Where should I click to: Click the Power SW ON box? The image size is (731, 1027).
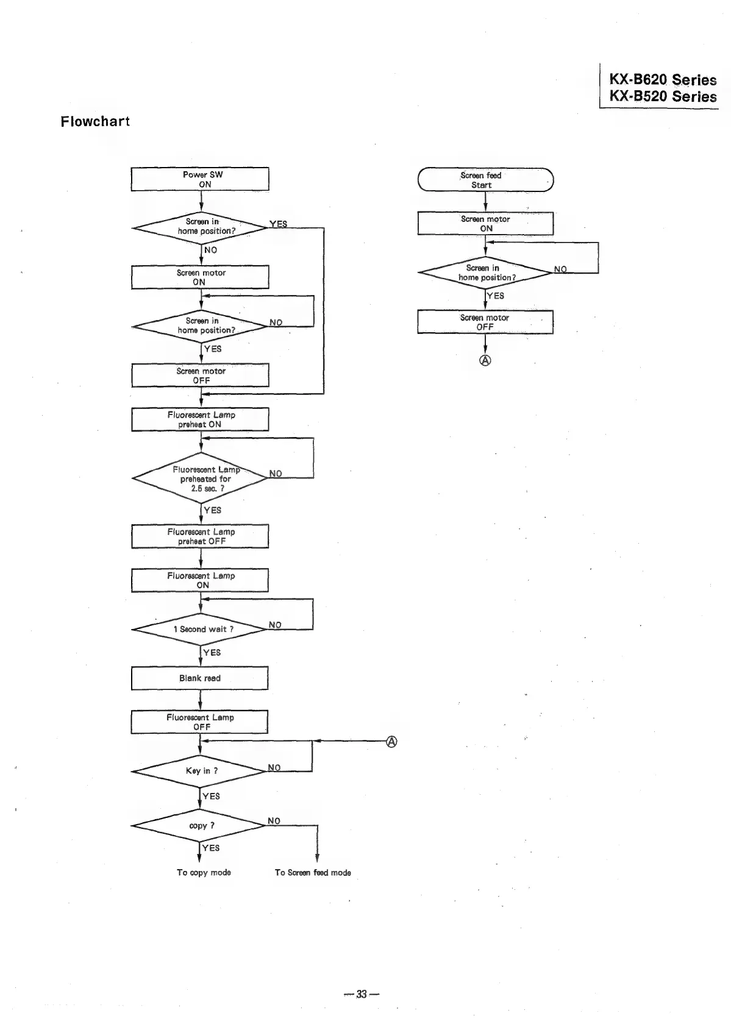point(200,179)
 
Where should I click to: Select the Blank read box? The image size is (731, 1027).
point(200,678)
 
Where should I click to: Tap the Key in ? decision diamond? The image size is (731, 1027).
point(200,771)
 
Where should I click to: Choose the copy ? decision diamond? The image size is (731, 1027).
point(200,826)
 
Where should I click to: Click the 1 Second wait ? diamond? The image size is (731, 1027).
point(200,629)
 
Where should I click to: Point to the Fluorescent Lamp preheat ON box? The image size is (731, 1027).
point(200,419)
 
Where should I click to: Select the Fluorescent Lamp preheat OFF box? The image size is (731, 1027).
point(200,536)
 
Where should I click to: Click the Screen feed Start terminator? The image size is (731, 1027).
point(485,180)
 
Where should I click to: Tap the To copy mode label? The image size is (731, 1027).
point(204,873)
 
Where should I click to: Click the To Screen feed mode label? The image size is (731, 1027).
point(313,873)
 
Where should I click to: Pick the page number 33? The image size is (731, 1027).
point(362,995)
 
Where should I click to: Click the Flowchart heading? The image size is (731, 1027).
point(95,121)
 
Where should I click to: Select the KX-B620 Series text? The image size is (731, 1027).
point(663,80)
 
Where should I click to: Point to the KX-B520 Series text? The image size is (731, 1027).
point(663,96)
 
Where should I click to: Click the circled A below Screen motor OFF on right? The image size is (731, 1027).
point(485,360)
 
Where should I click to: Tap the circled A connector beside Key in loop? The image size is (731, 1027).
point(392,742)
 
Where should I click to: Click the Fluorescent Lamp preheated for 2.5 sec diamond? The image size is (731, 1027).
point(200,478)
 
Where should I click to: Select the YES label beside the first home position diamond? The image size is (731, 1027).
point(278,224)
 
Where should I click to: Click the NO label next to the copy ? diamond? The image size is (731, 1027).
point(274,821)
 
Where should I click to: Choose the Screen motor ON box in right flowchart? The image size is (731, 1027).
point(485,224)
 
